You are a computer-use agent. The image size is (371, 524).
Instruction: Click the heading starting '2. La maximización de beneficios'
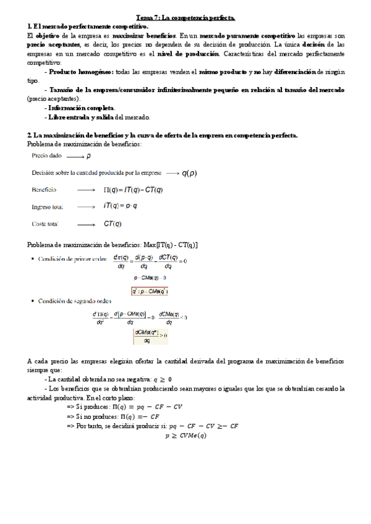(x=163, y=135)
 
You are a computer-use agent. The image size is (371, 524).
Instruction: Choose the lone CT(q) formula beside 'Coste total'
(x=113, y=224)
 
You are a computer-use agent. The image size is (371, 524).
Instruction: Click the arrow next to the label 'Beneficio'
(x=86, y=190)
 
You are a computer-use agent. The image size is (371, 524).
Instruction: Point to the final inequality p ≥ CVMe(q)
(x=185, y=435)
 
